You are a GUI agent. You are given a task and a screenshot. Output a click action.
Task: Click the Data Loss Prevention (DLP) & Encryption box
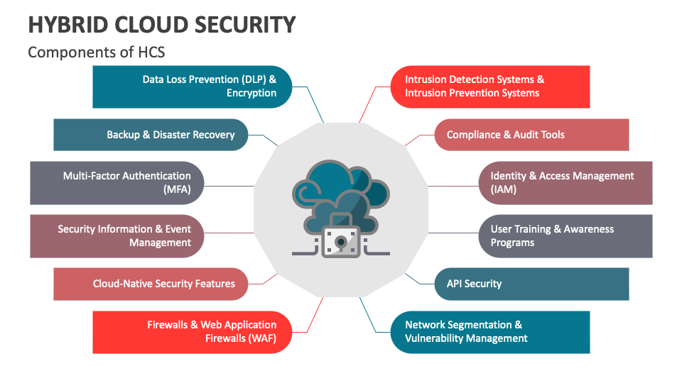tap(193, 87)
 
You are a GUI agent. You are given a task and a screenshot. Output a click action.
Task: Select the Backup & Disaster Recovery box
tap(151, 135)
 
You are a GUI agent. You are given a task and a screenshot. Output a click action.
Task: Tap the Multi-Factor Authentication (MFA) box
tap(117, 183)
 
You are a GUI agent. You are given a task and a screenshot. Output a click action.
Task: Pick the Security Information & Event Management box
tap(117, 235)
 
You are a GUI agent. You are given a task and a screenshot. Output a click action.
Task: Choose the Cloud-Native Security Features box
tap(151, 284)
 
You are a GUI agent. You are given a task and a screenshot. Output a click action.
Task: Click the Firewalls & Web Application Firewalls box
tap(193, 332)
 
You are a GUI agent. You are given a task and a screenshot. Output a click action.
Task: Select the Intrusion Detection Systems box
tap(490, 87)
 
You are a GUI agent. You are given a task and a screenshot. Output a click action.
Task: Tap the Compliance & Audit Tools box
tap(531, 135)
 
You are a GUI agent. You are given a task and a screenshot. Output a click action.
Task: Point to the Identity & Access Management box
tap(565, 183)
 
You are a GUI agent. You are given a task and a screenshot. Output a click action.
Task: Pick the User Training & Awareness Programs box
tap(565, 235)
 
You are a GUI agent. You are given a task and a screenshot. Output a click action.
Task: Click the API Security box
tap(531, 284)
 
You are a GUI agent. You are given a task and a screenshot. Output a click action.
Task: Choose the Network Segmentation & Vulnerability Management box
tap(490, 332)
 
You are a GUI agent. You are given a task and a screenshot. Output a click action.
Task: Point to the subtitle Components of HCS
tap(96, 52)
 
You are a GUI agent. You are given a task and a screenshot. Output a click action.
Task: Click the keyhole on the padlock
tap(341, 243)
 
